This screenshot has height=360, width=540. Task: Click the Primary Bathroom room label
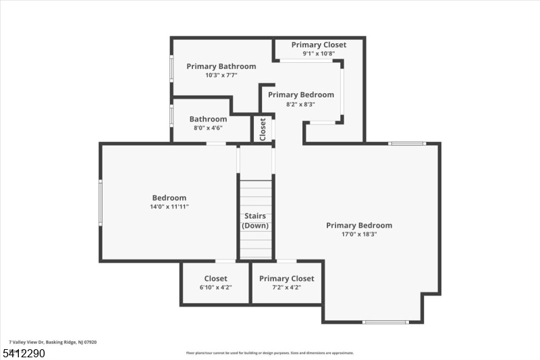click(x=221, y=66)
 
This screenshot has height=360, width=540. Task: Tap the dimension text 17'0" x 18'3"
click(x=359, y=234)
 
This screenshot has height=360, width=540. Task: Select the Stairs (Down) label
click(x=255, y=221)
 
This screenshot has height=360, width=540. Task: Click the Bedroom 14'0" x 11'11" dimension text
click(x=169, y=207)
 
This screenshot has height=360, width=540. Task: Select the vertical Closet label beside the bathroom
click(x=263, y=128)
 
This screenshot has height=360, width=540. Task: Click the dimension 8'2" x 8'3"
click(x=300, y=104)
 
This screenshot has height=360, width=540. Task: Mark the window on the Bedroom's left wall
click(x=101, y=203)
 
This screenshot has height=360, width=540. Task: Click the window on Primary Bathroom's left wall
click(x=171, y=68)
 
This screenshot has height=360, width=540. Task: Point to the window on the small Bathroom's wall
click(x=171, y=115)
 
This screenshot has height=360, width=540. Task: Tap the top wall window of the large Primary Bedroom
click(x=407, y=143)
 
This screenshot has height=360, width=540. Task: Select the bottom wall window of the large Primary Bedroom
click(x=385, y=322)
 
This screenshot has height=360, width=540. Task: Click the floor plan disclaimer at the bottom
click(x=270, y=353)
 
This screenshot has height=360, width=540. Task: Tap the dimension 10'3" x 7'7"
click(x=221, y=75)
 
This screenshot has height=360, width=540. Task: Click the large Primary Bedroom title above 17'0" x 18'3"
click(x=359, y=226)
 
